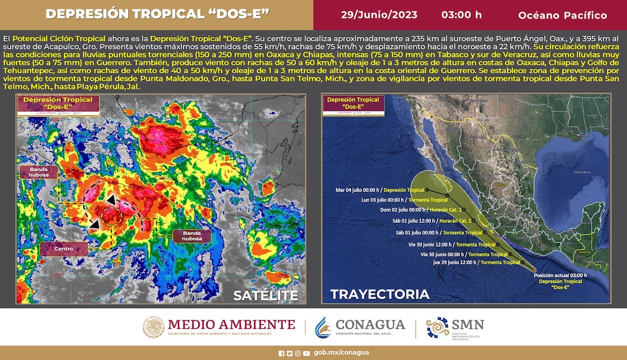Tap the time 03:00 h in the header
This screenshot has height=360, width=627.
tap(461, 15)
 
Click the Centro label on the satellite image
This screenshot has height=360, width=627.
tap(63, 249)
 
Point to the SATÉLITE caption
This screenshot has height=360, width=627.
tap(265, 295)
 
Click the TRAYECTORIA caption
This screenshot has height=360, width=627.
tap(380, 294)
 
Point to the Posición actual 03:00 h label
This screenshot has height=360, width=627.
tap(560, 276)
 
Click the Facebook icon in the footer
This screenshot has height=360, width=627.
tap(281, 353)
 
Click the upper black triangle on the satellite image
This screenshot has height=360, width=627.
tap(113, 199)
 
